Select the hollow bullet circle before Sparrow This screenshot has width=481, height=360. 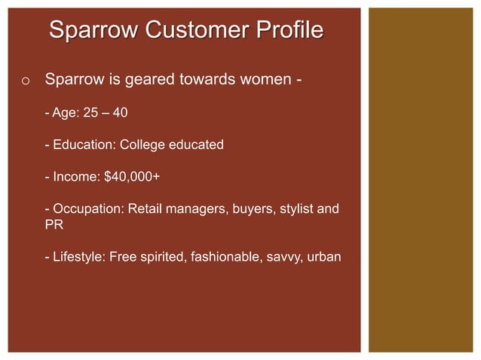click(25, 81)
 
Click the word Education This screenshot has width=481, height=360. click(82, 145)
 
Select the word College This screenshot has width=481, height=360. click(143, 145)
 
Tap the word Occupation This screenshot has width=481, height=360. click(86, 209)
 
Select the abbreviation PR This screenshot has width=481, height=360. click(53, 224)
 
